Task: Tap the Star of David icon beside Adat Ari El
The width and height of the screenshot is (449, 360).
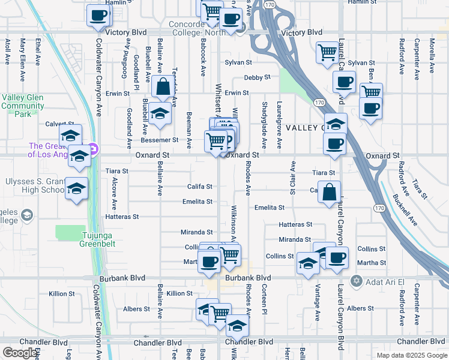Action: [356, 281]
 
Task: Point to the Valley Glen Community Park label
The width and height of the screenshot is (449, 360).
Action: [22, 106]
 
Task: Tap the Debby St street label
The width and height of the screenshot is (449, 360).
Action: [258, 77]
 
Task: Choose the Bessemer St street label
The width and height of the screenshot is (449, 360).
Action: [159, 140]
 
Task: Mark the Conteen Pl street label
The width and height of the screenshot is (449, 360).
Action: [264, 299]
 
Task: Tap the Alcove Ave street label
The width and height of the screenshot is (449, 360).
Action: [114, 191]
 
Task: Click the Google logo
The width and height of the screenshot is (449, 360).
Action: [20, 353]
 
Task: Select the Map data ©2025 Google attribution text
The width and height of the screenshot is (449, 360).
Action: [411, 355]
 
